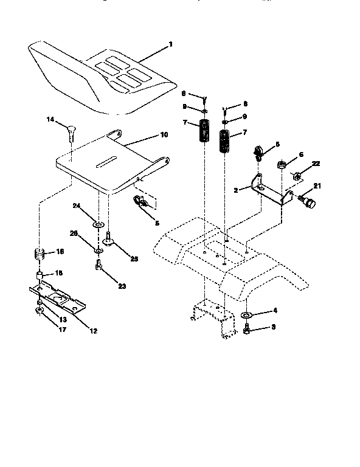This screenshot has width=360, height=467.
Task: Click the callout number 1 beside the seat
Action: pyautogui.click(x=171, y=44)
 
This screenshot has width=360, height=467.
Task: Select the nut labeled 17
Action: pyautogui.click(x=38, y=311)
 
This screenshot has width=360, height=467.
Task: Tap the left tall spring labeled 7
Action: pyautogui.click(x=205, y=132)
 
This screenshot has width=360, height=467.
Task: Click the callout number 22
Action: pyautogui.click(x=316, y=164)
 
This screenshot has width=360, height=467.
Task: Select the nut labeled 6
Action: pyautogui.click(x=283, y=165)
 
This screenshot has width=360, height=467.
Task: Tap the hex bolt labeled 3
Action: pyautogui.click(x=248, y=330)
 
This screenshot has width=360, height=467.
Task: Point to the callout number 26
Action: pyautogui.click(x=73, y=233)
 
